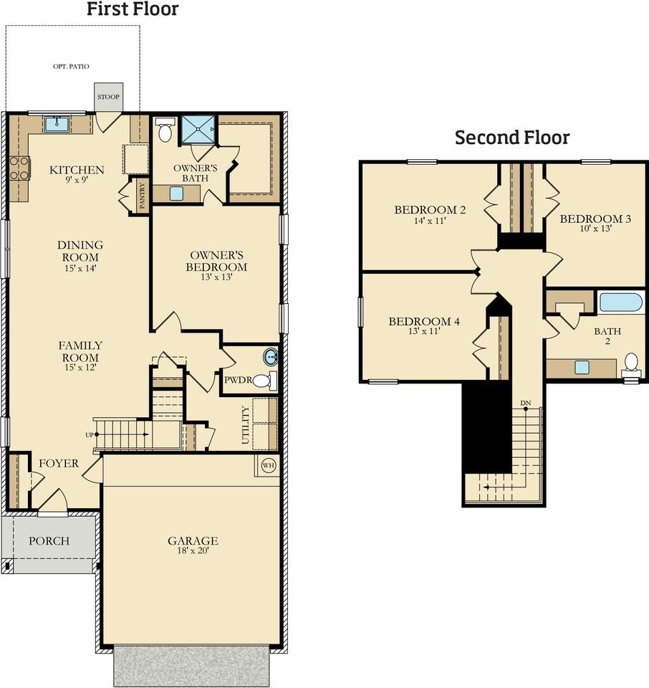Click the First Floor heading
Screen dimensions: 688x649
[x=133, y=9]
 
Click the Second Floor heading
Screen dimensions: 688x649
[x=512, y=137]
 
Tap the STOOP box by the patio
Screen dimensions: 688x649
[x=109, y=97]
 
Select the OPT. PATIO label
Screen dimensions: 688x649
[x=72, y=67]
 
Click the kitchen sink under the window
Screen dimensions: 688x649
[x=56, y=125]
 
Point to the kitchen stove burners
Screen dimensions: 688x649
[x=19, y=169]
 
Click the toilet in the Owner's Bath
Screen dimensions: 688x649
[x=165, y=130]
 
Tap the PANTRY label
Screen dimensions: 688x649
[x=143, y=195]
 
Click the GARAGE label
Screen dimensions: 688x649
[x=193, y=541]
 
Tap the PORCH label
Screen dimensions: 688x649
[x=49, y=540]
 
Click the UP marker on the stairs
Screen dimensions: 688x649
[x=90, y=434]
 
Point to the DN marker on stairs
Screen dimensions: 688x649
[x=525, y=403]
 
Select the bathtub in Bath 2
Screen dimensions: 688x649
[x=620, y=302]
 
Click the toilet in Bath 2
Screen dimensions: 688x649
[x=631, y=363]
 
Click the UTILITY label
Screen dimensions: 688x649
[x=246, y=425]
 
